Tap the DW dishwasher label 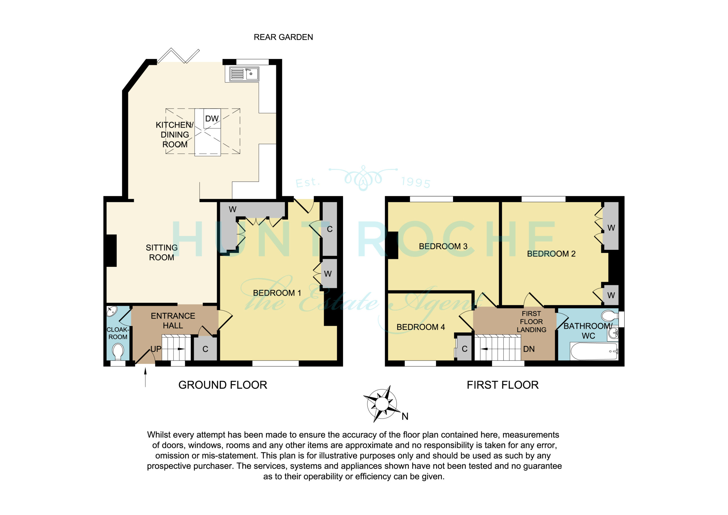(x=212, y=119)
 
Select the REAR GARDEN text (x=283, y=37)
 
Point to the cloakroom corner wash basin (x=111, y=311)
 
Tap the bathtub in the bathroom (x=594, y=351)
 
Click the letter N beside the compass (x=405, y=416)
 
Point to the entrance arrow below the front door (x=146, y=377)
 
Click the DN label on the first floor (x=529, y=349)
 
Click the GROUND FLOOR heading (x=223, y=385)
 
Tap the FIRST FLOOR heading (x=502, y=385)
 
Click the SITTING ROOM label (x=162, y=253)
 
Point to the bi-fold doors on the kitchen (x=178, y=56)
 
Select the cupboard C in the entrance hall (x=205, y=349)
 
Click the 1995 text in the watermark (x=416, y=182)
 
